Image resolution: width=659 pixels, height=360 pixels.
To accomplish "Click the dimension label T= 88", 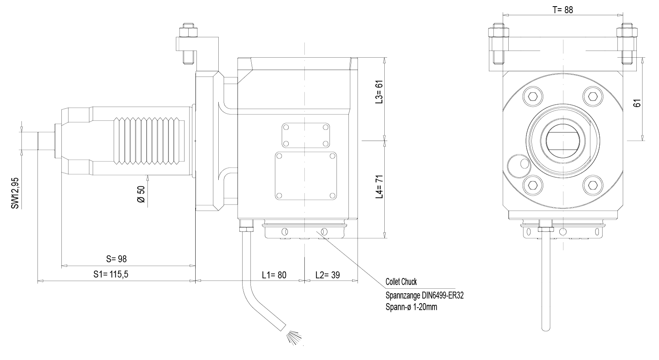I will point(563,10).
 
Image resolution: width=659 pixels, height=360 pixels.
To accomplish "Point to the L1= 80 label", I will point(274,275).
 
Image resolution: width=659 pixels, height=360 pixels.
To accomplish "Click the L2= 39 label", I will point(327,275).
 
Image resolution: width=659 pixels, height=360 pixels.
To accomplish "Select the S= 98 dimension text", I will point(117,259).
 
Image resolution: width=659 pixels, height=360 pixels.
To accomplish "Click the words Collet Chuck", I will point(401,282).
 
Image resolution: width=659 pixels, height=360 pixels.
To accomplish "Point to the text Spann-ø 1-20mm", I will point(411,307).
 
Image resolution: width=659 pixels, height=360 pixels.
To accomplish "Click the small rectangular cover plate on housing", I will point(305,136).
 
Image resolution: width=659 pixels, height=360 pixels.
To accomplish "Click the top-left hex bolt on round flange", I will point(533,96).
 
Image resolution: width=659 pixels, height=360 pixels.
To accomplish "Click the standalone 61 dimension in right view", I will point(637,103).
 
